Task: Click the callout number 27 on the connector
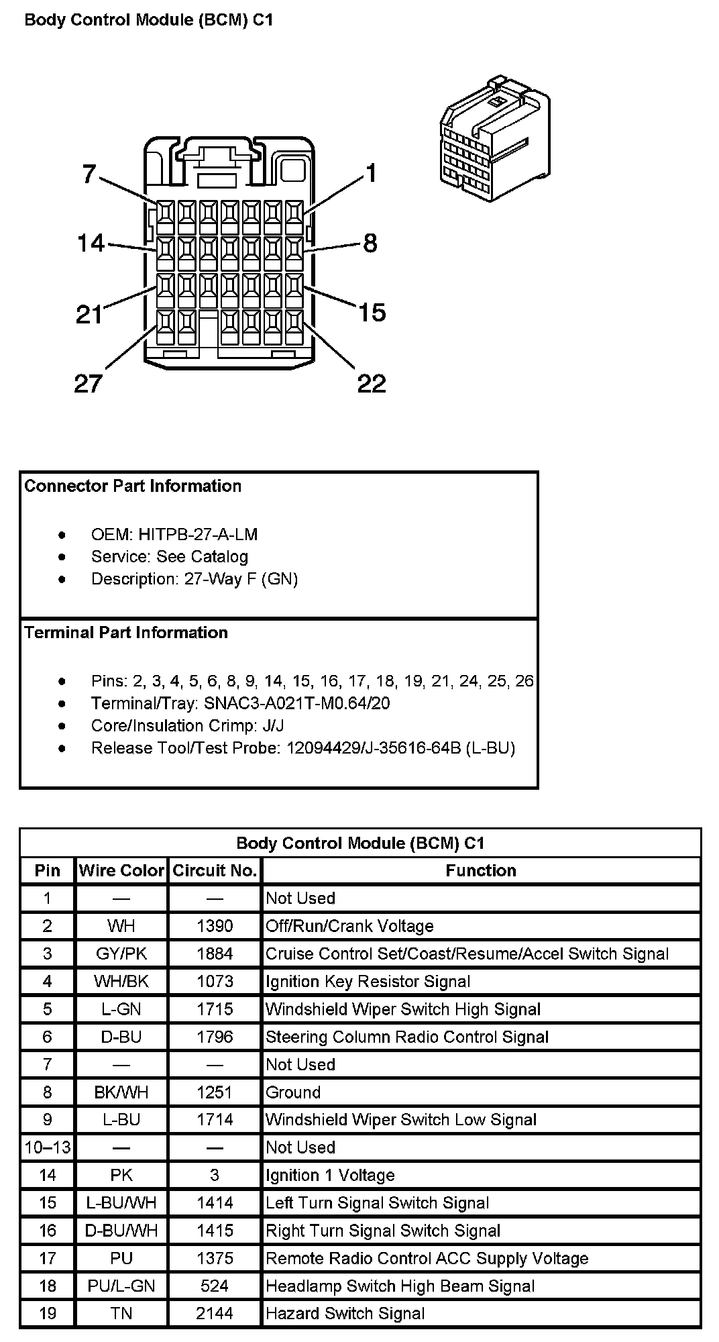[x=88, y=384]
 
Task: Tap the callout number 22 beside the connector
[x=372, y=383]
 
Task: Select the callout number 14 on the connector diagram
[x=91, y=243]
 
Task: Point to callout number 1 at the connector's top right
[x=371, y=174]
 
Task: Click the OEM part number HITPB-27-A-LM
[x=198, y=535]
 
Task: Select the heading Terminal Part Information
[x=126, y=633]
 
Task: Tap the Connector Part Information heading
[x=133, y=486]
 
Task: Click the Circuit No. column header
[x=215, y=870]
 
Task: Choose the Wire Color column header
[x=121, y=870]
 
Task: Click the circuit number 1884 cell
[x=215, y=953]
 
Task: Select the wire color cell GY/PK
[x=121, y=953]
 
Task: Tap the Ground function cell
[x=293, y=1092]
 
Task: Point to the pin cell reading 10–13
[x=48, y=1147]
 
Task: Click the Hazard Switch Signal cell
[x=345, y=1313]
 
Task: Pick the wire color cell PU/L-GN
[x=121, y=1286]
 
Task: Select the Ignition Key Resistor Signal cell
[x=368, y=982]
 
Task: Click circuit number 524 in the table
[x=215, y=1286]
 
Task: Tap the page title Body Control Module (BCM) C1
[x=149, y=20]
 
